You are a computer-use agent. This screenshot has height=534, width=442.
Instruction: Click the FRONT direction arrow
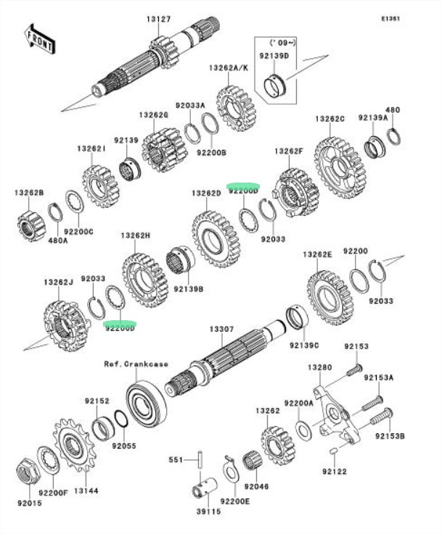tap(40, 38)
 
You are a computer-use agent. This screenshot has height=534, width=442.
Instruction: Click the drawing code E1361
tap(390, 18)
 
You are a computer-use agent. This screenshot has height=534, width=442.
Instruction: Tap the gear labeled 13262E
tap(329, 297)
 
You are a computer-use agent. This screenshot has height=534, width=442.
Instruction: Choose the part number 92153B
tap(390, 436)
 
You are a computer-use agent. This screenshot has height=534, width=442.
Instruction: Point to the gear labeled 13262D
tap(216, 238)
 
